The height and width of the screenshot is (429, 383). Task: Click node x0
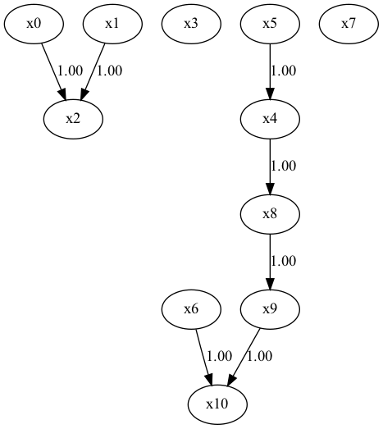(x=34, y=23)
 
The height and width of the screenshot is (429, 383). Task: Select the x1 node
(x=112, y=23)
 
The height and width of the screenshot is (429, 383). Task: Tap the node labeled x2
(x=73, y=118)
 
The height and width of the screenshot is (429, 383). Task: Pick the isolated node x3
(x=191, y=23)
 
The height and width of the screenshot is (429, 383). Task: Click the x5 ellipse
(x=270, y=23)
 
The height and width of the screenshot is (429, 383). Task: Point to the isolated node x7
(x=349, y=23)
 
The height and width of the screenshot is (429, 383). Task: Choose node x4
(x=270, y=118)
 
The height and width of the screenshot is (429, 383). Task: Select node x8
(x=270, y=213)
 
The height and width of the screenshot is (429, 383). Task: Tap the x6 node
(x=191, y=308)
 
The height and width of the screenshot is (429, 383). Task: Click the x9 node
(x=270, y=308)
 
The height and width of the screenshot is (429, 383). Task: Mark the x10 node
(x=217, y=404)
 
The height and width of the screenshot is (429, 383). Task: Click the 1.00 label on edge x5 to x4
(x=283, y=71)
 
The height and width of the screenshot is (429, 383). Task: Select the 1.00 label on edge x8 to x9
(x=283, y=261)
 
